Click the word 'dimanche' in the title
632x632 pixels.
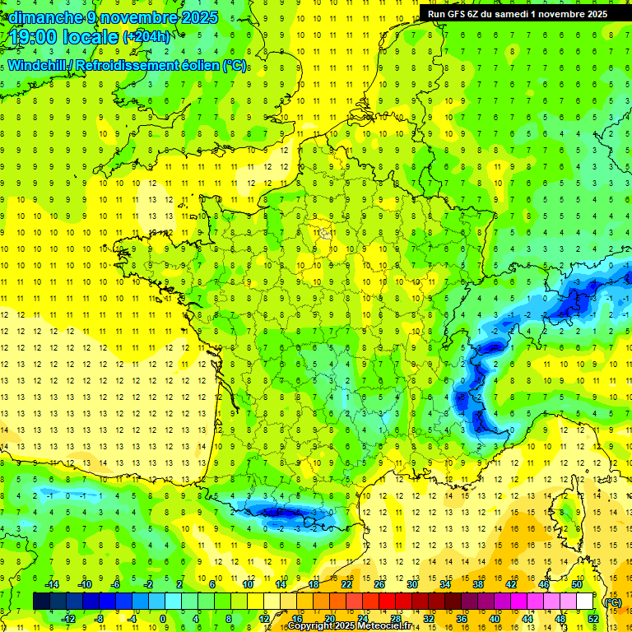point(42,17)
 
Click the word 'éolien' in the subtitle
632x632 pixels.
point(203,65)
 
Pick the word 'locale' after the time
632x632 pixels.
point(95,36)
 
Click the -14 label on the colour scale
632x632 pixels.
point(53,584)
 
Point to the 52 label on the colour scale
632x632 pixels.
point(593,618)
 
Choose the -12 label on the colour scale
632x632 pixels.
point(69,618)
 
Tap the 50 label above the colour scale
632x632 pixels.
point(577,584)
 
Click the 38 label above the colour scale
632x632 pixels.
point(478,584)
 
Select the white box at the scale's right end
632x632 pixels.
point(585,602)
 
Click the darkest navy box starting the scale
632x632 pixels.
point(41,602)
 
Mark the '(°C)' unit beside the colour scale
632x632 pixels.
point(613,602)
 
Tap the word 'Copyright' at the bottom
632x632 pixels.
point(312,626)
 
